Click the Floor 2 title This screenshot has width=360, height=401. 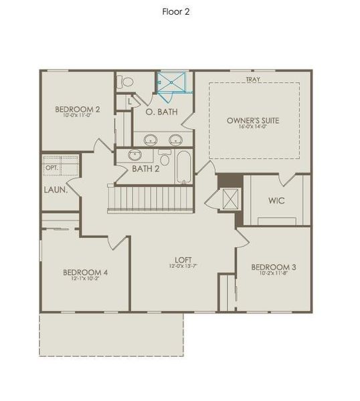(176, 11)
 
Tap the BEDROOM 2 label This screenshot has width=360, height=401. (78, 110)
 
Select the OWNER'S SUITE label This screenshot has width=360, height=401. (253, 120)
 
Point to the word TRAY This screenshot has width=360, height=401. (253, 80)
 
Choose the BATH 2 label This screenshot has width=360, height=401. (145, 168)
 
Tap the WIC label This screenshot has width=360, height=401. (278, 200)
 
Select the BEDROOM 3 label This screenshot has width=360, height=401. (274, 267)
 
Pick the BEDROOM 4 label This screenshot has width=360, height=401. (86, 272)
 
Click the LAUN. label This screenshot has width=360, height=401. (54, 189)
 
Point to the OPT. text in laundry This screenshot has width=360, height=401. (51, 167)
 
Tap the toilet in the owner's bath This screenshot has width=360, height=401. (124, 82)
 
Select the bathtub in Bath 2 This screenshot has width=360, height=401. (184, 167)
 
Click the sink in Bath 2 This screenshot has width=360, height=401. (135, 156)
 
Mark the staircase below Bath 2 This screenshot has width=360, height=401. (150, 199)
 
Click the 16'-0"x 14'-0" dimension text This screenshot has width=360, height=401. (253, 127)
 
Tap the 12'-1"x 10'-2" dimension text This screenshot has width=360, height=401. (86, 279)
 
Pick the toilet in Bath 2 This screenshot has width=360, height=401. (165, 158)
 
